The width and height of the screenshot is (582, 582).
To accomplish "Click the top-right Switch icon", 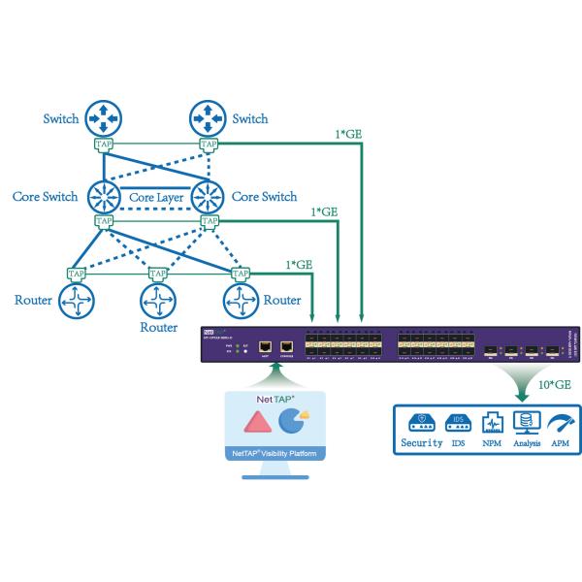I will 209,119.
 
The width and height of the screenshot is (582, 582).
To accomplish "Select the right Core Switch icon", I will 209,196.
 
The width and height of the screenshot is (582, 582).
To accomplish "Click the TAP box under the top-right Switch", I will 209,145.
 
